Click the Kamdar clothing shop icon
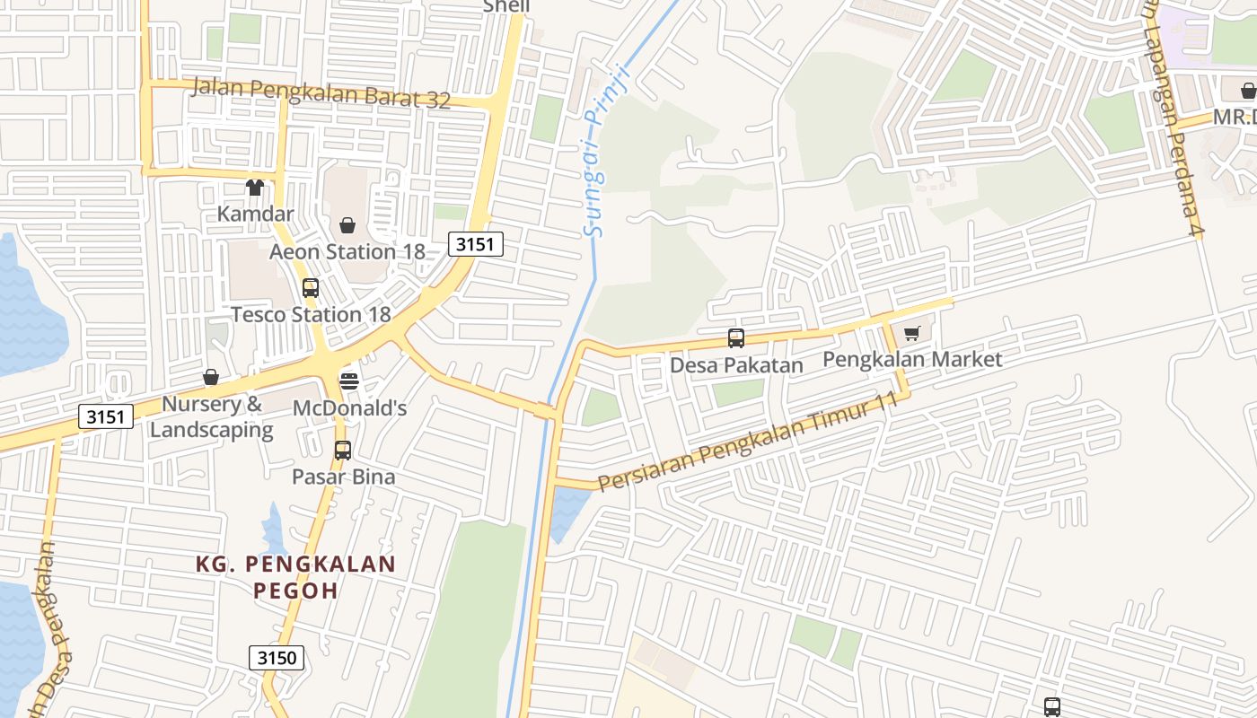tap(255, 188)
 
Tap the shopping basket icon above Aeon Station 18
tap(347, 225)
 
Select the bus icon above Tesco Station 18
tap(311, 288)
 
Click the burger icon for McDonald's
tap(349, 381)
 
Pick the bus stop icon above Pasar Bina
tap(342, 451)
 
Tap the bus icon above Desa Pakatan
tap(736, 338)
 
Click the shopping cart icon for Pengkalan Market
tap(912, 334)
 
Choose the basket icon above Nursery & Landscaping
tap(211, 377)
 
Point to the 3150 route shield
tap(277, 658)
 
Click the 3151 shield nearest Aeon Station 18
tap(476, 244)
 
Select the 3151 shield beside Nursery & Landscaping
tap(106, 416)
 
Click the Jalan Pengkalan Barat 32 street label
tap(321, 93)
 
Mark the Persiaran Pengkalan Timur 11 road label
tap(747, 443)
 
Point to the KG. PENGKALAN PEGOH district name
tap(296, 577)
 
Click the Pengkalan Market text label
tap(912, 360)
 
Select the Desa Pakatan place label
tap(736, 365)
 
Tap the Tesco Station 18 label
tap(311, 315)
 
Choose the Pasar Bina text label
tap(343, 477)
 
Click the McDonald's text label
tap(349, 408)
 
